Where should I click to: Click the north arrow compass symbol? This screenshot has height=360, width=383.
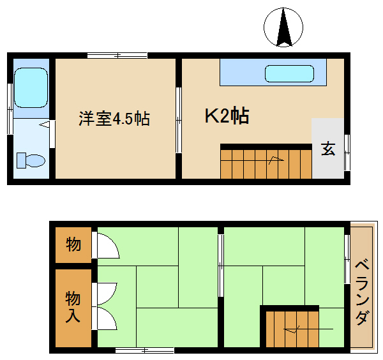point(283,27)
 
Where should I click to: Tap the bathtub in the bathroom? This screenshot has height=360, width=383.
point(31,87)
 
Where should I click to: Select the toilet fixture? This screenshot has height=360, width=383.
point(31,160)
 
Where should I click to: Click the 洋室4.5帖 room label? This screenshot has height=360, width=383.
point(114,119)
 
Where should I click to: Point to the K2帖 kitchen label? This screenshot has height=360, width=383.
point(227,116)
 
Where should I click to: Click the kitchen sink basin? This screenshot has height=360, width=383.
point(289,73)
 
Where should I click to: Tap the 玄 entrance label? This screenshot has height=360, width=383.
point(328,149)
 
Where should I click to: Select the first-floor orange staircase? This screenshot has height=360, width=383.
point(266,164)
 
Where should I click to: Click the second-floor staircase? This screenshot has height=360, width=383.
point(292,329)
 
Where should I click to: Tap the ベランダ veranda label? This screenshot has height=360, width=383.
point(362,292)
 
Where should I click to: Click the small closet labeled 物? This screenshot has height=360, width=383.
point(73,245)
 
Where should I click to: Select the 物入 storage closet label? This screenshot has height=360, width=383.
point(73,307)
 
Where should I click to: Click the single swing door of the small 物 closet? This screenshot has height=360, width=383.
point(105,246)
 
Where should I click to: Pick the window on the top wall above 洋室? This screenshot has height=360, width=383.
point(117,56)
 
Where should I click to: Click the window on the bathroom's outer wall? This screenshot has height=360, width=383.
point(10,109)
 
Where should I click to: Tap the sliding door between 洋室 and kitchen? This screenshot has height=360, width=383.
point(179,120)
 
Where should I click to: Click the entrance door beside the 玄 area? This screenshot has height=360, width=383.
point(347,153)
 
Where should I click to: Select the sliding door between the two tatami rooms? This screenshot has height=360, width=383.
point(221,266)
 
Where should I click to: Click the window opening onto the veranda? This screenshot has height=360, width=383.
point(347,259)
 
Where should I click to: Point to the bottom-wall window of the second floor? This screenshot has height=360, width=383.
point(145,350)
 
